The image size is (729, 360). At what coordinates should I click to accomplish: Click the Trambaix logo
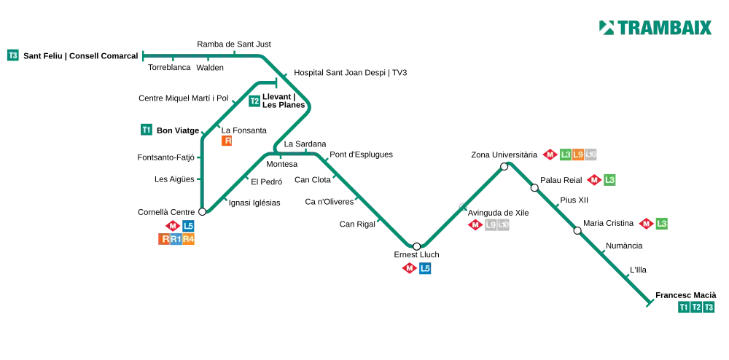[655, 27]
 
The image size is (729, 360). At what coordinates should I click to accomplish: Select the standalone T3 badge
[13, 55]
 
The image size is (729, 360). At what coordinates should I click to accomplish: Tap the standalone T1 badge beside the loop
[147, 130]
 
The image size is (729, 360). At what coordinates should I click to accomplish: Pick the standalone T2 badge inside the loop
[254, 102]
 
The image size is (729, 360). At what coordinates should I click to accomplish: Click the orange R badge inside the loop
[227, 141]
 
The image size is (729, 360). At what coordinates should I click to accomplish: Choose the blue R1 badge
[176, 239]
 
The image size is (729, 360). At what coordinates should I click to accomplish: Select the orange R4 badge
[189, 239]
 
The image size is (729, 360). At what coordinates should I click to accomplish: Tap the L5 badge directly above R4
[189, 226]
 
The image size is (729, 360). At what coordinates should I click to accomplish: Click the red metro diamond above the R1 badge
[173, 226]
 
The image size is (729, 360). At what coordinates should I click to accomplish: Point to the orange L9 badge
[577, 154]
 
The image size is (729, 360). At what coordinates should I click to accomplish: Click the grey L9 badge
[491, 225]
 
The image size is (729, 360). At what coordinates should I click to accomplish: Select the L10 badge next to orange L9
[591, 154]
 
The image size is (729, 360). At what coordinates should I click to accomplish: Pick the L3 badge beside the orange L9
[565, 154]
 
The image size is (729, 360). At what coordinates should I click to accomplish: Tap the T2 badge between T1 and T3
[696, 308]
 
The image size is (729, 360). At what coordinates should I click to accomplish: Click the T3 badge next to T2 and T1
[709, 308]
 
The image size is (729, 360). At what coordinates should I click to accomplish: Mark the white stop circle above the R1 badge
[202, 212]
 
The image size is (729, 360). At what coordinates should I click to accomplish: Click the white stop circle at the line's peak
[504, 166]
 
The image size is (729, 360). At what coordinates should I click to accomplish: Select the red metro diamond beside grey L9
[475, 225]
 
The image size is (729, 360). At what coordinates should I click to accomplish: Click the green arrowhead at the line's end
[647, 302]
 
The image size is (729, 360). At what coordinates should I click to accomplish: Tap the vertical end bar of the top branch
[143, 55]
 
